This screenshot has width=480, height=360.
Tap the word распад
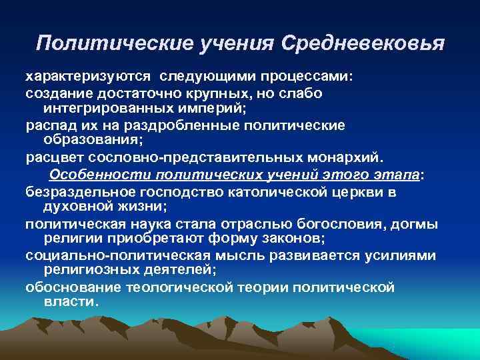[x=47, y=125]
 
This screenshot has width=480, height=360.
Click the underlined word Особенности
[x=101, y=175]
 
